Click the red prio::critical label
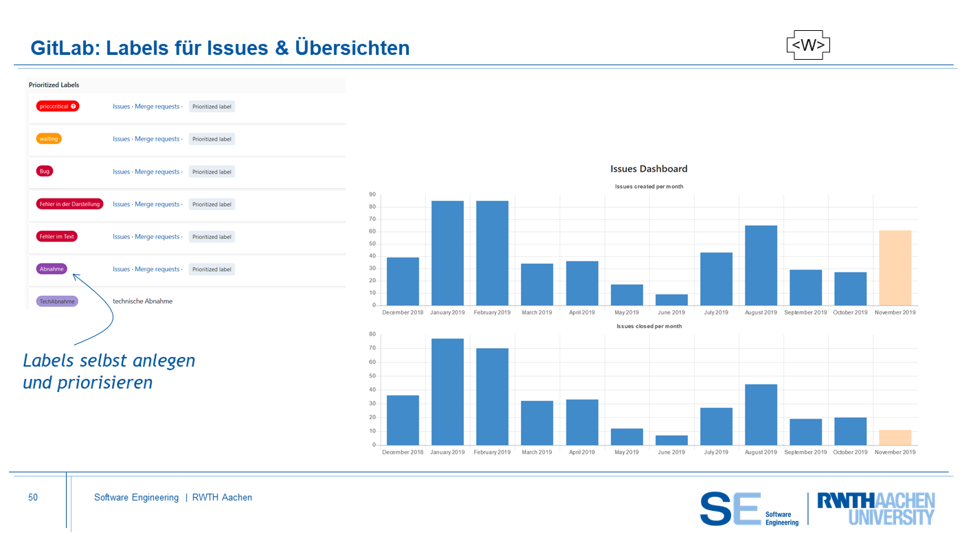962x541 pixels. click(58, 106)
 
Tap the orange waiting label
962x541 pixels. click(49, 139)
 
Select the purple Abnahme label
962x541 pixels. click(52, 269)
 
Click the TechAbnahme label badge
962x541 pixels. click(57, 301)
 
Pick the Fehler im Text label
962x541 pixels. click(56, 237)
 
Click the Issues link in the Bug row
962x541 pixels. click(121, 172)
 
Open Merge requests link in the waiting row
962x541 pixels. click(157, 139)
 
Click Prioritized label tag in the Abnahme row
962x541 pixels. click(212, 269)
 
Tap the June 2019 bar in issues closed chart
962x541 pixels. click(671, 440)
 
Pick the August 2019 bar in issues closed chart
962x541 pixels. click(761, 415)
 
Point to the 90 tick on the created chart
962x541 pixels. click(372, 194)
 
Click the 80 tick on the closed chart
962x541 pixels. click(372, 334)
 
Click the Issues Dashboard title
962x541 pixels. click(649, 169)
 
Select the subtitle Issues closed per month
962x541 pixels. click(649, 326)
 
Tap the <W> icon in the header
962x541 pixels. click(808, 45)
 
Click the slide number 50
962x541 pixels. click(33, 498)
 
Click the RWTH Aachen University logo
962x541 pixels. click(875, 509)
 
